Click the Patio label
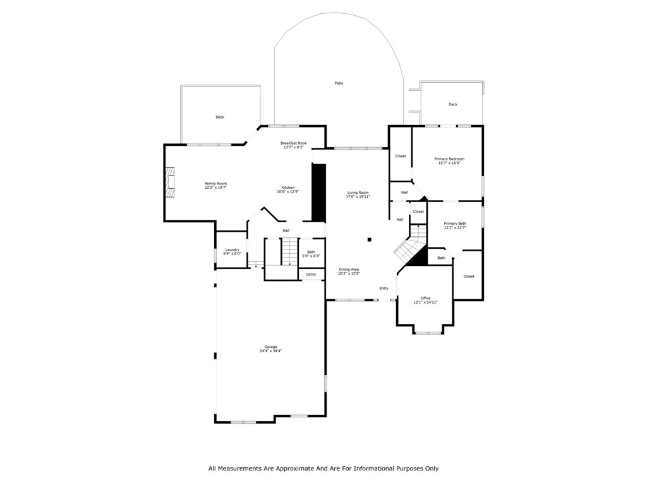(339, 83)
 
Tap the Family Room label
(215, 183)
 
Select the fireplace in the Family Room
(170, 183)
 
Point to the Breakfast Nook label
(293, 143)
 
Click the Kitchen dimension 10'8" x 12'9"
(288, 191)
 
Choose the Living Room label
(358, 193)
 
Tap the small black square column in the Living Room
(370, 239)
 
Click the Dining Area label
(349, 269)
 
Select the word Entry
(384, 288)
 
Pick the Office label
(425, 298)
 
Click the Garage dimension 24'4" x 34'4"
(270, 351)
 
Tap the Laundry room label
(232, 249)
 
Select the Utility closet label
(311, 275)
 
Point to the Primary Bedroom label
(449, 159)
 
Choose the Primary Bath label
(455, 223)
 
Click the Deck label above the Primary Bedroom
(452, 104)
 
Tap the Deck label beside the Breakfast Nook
(220, 117)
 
